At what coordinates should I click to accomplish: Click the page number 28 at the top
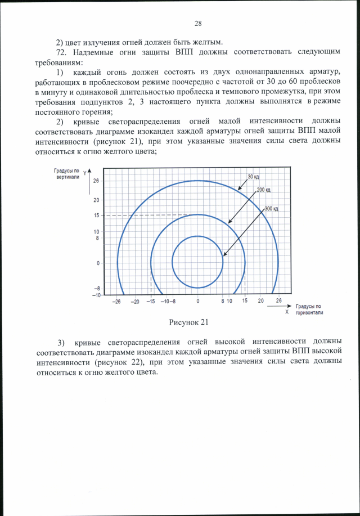click(198, 24)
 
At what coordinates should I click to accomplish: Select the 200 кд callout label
click(264, 190)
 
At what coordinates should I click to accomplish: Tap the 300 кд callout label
click(272, 209)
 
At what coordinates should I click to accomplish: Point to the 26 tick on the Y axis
click(96, 181)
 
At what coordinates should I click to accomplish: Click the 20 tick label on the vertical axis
click(96, 200)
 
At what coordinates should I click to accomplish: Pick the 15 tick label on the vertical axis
click(96, 216)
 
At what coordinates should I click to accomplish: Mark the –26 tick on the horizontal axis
click(116, 301)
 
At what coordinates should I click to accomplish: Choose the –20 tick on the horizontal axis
click(135, 301)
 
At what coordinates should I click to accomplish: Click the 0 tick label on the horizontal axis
click(197, 301)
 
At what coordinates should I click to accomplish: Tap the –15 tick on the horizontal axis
click(151, 301)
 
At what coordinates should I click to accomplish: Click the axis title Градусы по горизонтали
click(309, 309)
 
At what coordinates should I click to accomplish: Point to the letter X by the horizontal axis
click(287, 311)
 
